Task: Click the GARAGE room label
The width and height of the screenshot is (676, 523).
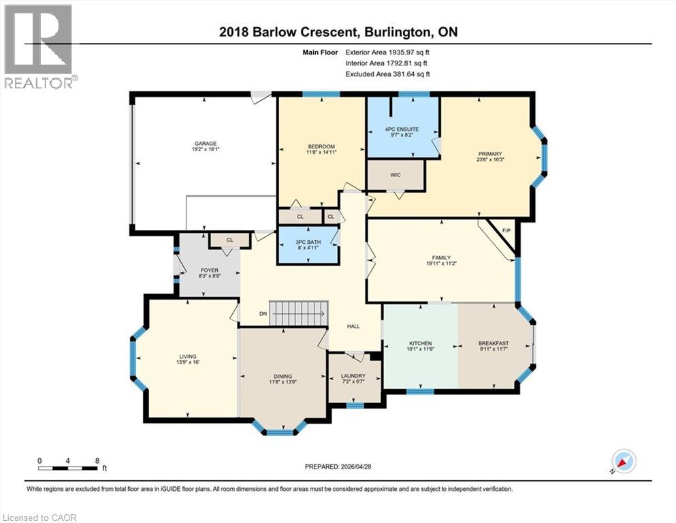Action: coord(205,144)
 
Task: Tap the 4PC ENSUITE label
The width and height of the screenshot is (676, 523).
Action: coord(402,129)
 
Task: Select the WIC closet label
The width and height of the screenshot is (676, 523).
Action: coord(396,175)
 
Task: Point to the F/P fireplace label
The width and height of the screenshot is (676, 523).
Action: coord(506,231)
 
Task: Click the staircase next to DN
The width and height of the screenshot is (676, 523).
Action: coord(299,314)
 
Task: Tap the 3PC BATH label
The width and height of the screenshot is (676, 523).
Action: coord(308,242)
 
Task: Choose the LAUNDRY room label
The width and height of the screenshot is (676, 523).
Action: coord(353,376)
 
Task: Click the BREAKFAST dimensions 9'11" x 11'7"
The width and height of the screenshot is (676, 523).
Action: coord(493,349)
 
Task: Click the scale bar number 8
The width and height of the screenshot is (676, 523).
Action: coord(97,460)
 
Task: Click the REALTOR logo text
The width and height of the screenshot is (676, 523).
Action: coord(39,83)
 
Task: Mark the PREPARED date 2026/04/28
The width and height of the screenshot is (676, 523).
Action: coord(355,466)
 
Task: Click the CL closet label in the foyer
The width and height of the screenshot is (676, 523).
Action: coord(230,240)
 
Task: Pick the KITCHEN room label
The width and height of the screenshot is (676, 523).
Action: coord(420,343)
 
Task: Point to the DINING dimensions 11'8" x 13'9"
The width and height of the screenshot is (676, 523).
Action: coord(283,381)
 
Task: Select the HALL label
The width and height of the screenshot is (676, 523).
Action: coord(353,326)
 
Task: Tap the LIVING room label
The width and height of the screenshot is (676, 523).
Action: coord(187,357)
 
